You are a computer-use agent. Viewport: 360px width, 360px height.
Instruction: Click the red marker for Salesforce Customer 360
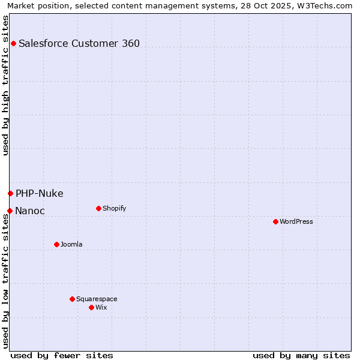tap(13, 43)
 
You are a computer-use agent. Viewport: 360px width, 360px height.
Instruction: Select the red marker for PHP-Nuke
tap(10, 193)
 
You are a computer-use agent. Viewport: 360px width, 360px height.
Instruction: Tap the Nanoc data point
tap(10, 211)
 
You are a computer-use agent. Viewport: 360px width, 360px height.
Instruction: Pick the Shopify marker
tap(98, 208)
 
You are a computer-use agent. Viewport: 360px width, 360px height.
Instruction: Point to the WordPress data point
tap(275, 221)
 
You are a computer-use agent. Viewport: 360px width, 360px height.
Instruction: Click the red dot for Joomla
tap(56, 244)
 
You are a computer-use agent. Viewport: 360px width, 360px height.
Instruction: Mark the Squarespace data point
tap(72, 299)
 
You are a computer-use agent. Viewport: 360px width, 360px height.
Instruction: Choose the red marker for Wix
tap(91, 307)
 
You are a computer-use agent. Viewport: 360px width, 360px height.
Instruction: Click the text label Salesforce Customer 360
tap(79, 43)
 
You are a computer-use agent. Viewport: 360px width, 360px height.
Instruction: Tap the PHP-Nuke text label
tap(40, 193)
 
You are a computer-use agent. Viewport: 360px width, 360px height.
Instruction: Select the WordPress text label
tap(296, 221)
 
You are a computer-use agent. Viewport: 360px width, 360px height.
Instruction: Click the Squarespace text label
tap(97, 299)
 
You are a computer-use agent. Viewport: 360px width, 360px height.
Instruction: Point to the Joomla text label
tap(71, 244)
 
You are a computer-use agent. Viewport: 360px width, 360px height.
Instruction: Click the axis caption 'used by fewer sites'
tap(62, 355)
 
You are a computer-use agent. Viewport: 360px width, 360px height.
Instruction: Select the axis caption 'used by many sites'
tap(301, 355)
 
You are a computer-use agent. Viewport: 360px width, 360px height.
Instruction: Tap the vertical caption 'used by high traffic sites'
tap(5, 85)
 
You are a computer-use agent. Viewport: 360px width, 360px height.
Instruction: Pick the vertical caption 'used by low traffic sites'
tap(5, 281)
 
